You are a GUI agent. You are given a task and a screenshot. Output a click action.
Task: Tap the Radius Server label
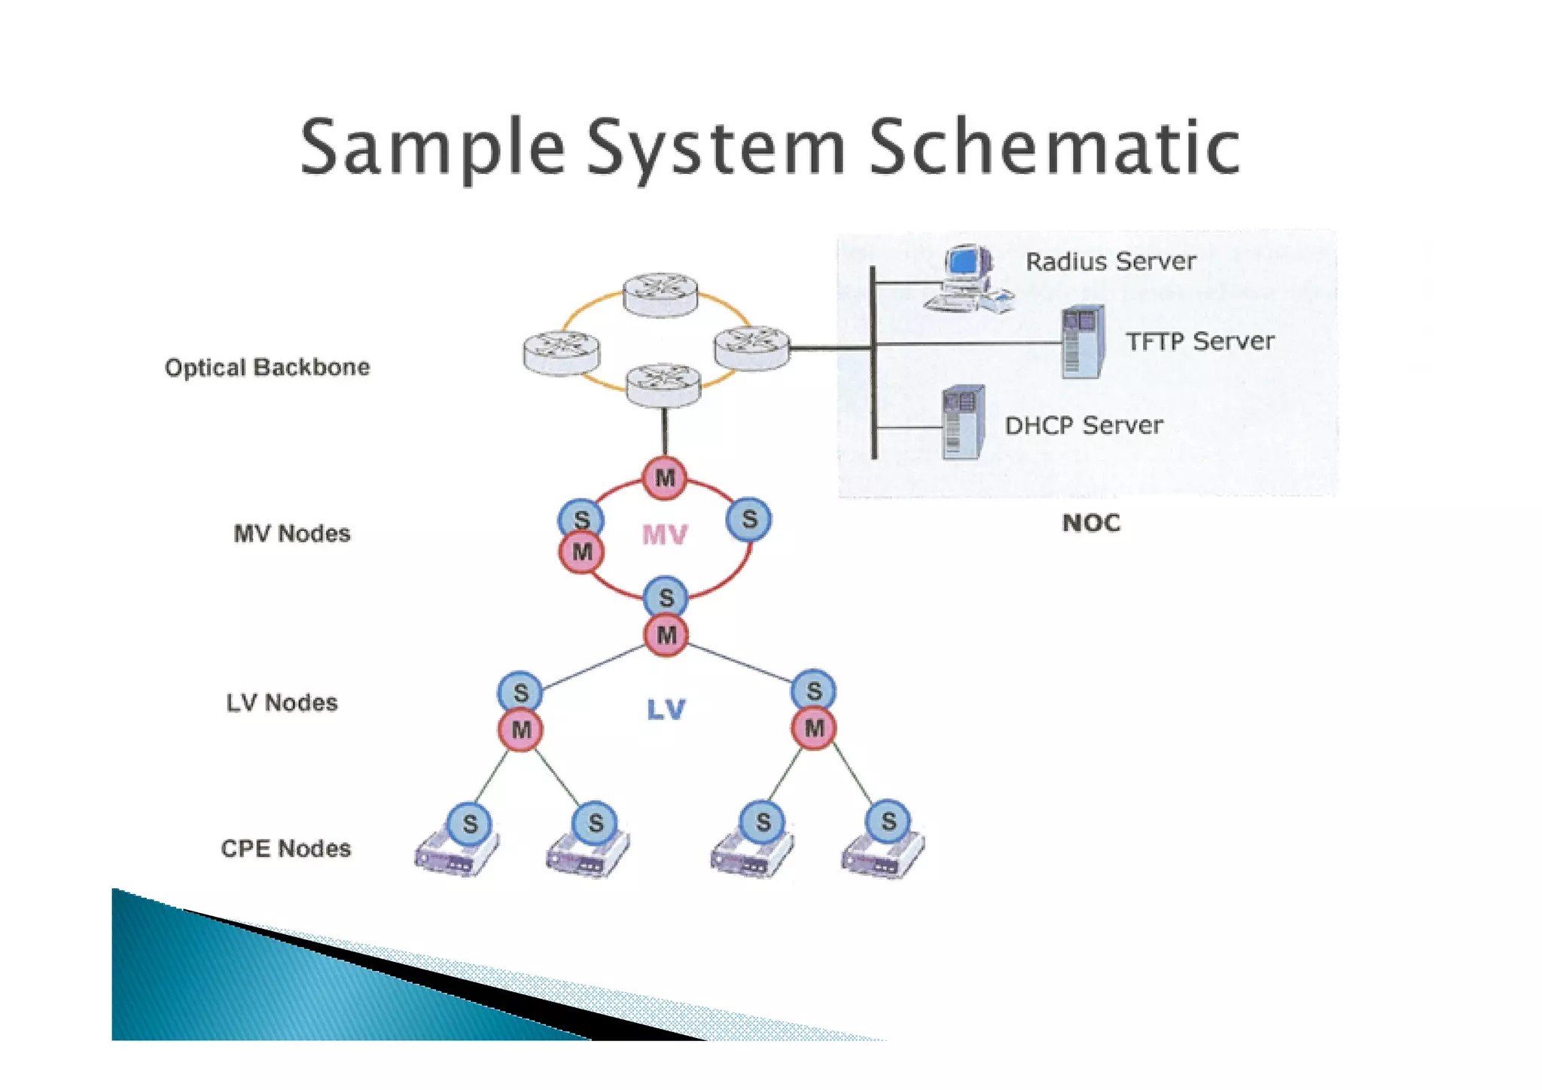coord(1110,261)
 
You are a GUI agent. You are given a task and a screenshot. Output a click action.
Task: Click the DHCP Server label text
coord(1083,426)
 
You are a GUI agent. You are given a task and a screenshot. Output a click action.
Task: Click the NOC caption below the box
coord(1091,523)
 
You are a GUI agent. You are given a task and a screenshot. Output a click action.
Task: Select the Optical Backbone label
coord(267,368)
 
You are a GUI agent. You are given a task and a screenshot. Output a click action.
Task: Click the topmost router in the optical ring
coord(660,294)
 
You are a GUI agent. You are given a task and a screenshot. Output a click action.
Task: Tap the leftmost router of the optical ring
coord(562,353)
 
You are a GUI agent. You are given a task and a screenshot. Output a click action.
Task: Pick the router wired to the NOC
coord(751,348)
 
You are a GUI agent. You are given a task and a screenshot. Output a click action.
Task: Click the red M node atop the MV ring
coord(665,478)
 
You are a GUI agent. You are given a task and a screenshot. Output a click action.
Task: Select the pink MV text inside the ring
coord(665,535)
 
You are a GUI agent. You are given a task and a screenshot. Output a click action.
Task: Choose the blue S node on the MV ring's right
coord(749,519)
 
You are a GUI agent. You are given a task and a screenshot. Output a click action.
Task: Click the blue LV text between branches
coord(666,709)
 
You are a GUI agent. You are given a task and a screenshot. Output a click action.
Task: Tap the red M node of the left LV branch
coord(521,729)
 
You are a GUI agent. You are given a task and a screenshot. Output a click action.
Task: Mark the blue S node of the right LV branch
coord(814,691)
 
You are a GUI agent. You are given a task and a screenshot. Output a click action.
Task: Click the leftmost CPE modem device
coord(456,856)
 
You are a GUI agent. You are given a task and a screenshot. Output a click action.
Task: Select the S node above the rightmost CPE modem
coord(888,821)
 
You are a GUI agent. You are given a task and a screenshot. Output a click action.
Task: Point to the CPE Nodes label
coord(285,849)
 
